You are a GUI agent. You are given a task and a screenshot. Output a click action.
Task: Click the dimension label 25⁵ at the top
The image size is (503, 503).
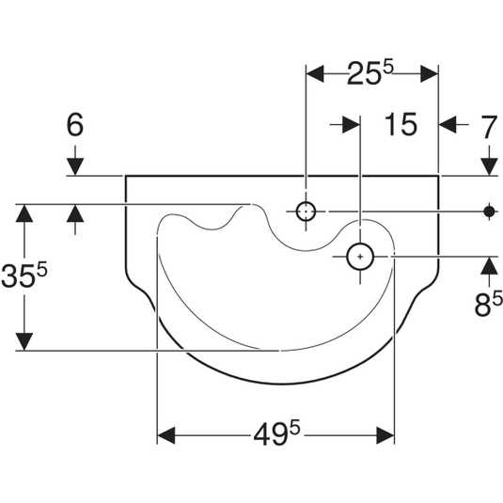pyautogui.click(x=369, y=73)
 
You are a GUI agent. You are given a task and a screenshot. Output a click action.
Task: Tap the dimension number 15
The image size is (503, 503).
pyautogui.click(x=401, y=124)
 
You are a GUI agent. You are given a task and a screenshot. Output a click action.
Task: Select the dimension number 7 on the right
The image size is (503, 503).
pyautogui.click(x=489, y=127)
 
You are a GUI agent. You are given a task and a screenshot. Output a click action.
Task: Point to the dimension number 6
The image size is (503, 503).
pyautogui.click(x=74, y=124)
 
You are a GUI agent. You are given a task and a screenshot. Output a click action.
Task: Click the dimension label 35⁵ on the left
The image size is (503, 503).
pyautogui.click(x=24, y=275)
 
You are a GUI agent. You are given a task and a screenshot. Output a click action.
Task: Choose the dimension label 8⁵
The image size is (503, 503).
pyautogui.click(x=488, y=304)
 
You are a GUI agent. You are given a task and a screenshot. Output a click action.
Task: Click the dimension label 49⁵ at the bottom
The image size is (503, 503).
pyautogui.click(x=276, y=434)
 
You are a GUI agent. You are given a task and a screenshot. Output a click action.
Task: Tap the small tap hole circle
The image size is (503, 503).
pyautogui.click(x=306, y=212)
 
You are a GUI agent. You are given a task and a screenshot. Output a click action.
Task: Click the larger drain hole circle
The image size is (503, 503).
pyautogui.click(x=360, y=257)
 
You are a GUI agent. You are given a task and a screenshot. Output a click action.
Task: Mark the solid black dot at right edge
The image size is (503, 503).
pyautogui.click(x=489, y=212)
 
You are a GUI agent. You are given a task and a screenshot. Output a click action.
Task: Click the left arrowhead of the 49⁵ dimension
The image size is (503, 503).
pyautogui.click(x=166, y=435)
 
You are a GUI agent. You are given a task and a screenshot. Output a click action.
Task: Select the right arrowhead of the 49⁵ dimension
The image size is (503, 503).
pyautogui.click(x=385, y=435)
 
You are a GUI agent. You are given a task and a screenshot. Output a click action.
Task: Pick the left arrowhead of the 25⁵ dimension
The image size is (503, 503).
pyautogui.click(x=315, y=73)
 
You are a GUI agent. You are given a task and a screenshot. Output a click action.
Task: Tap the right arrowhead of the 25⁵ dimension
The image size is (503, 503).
pyautogui.click(x=430, y=73)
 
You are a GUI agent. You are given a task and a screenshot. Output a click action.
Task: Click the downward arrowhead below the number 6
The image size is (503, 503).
pyautogui.click(x=75, y=166)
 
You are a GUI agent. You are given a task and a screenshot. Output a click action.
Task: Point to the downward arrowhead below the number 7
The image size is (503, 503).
pyautogui.click(x=489, y=166)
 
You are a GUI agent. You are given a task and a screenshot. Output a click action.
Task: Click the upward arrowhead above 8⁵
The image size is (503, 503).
pyautogui.click(x=489, y=266)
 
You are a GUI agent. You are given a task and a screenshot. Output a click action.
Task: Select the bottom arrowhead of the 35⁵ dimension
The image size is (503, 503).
pyautogui.click(x=24, y=341)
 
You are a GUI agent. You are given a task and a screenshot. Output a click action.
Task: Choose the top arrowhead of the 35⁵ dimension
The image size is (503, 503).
pyautogui.click(x=24, y=213)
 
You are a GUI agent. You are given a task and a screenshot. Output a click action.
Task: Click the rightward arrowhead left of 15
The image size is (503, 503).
pyautogui.click(x=351, y=124)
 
